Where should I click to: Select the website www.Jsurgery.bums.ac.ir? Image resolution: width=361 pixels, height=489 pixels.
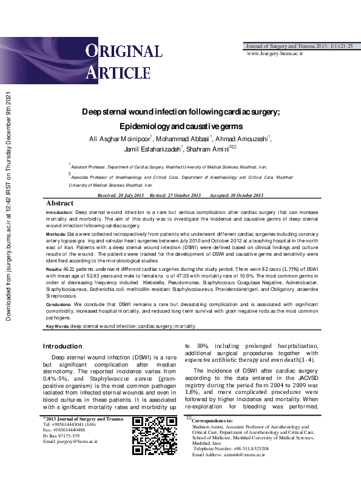click(275, 53)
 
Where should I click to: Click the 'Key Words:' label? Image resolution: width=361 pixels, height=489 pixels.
click(58, 327)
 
